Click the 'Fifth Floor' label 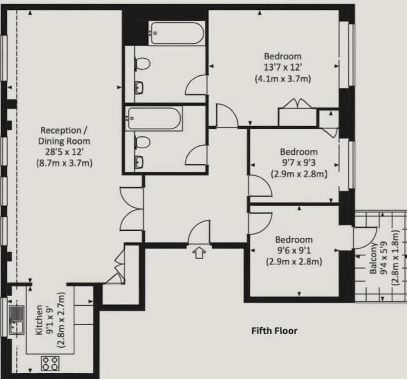click(274, 331)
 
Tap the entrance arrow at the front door click(199, 253)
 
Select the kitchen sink click(17, 320)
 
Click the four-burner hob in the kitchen click(50, 364)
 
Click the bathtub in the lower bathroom click(154, 118)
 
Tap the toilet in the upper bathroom click(142, 64)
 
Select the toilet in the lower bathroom click(142, 142)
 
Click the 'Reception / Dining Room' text click(64, 136)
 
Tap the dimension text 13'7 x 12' click(283, 67)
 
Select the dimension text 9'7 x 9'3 click(299, 163)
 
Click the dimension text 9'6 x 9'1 click(294, 250)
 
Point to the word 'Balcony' click(373, 258)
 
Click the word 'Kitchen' click(39, 320)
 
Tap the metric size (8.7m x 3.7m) click(64, 163)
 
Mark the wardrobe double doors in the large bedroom click(297, 103)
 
